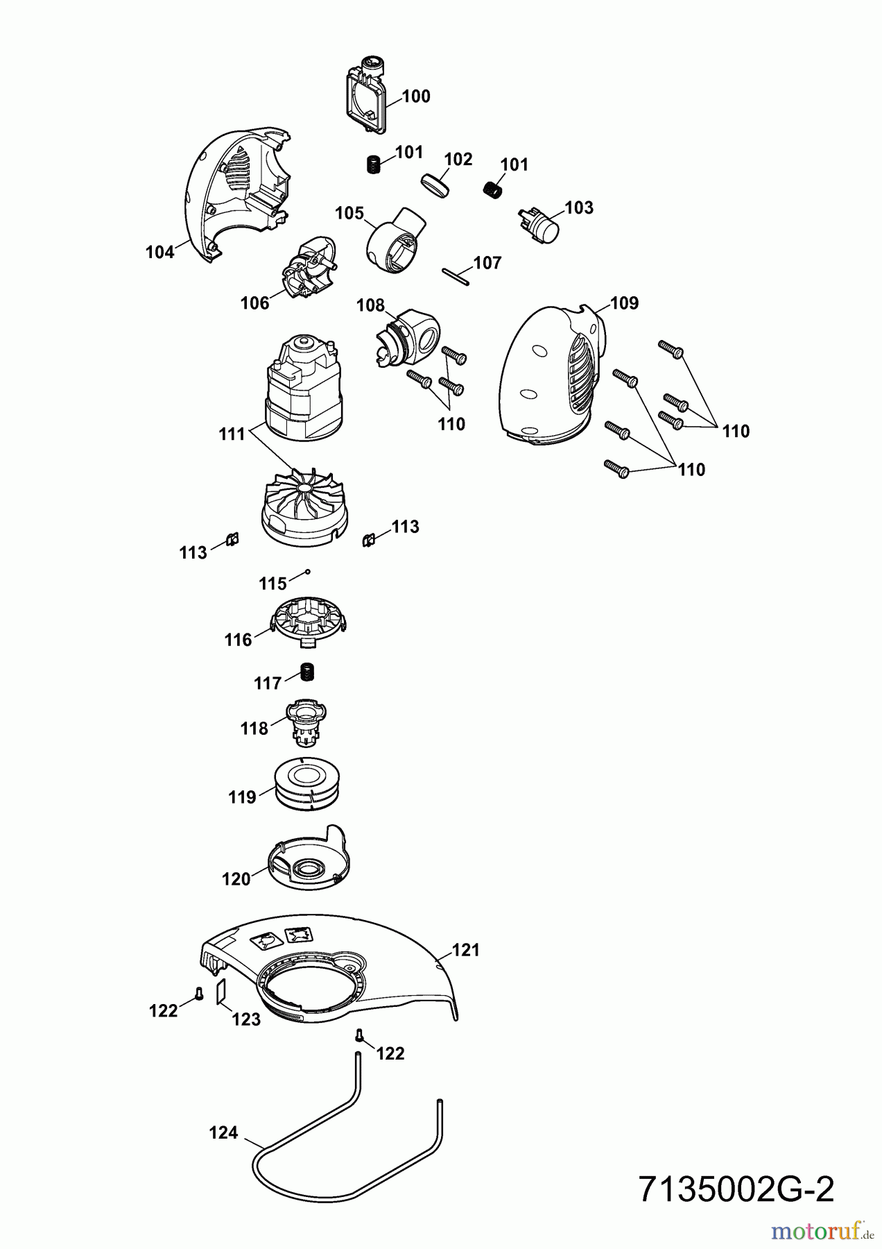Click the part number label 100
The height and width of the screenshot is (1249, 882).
point(416,96)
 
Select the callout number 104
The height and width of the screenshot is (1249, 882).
point(159,253)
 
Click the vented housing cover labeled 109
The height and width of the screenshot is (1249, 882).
point(548,378)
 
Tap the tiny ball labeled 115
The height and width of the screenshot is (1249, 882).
point(308,572)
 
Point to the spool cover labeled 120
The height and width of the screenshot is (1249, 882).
point(306,860)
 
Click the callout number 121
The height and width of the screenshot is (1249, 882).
point(466,951)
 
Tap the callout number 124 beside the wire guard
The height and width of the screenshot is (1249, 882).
point(223,1133)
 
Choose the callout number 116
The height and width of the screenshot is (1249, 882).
point(238,640)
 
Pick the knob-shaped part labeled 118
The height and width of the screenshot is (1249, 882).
point(306,722)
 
